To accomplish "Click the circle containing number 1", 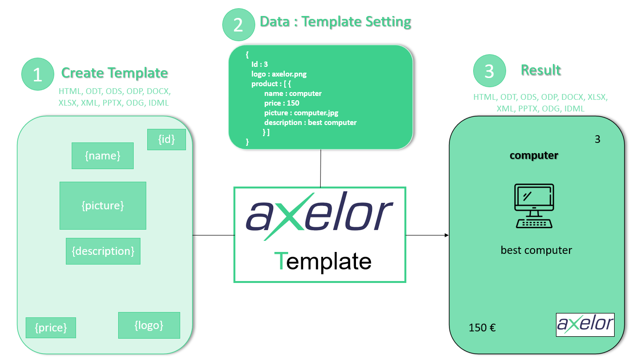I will click(x=38, y=74).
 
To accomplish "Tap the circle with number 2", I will click(x=238, y=24).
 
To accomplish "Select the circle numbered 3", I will click(x=489, y=71).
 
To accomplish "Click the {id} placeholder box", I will click(x=166, y=139).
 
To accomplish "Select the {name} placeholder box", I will click(x=102, y=156).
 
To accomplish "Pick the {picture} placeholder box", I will click(x=103, y=205).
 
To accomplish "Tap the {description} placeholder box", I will click(x=103, y=251).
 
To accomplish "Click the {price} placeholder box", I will click(x=50, y=328).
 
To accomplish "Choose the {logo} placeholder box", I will click(x=149, y=325).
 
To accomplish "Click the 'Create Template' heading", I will click(x=114, y=73).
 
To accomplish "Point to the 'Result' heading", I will click(x=540, y=70).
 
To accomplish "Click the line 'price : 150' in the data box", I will click(x=281, y=103).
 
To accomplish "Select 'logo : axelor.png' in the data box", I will click(x=278, y=74).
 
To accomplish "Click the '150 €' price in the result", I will click(x=482, y=328).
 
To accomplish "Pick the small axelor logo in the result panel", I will click(x=585, y=324).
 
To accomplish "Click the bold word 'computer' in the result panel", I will click(x=534, y=156).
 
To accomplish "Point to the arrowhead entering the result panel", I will click(x=446, y=235).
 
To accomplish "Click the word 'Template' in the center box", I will click(x=323, y=261).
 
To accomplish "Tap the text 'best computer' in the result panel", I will click(x=536, y=250).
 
